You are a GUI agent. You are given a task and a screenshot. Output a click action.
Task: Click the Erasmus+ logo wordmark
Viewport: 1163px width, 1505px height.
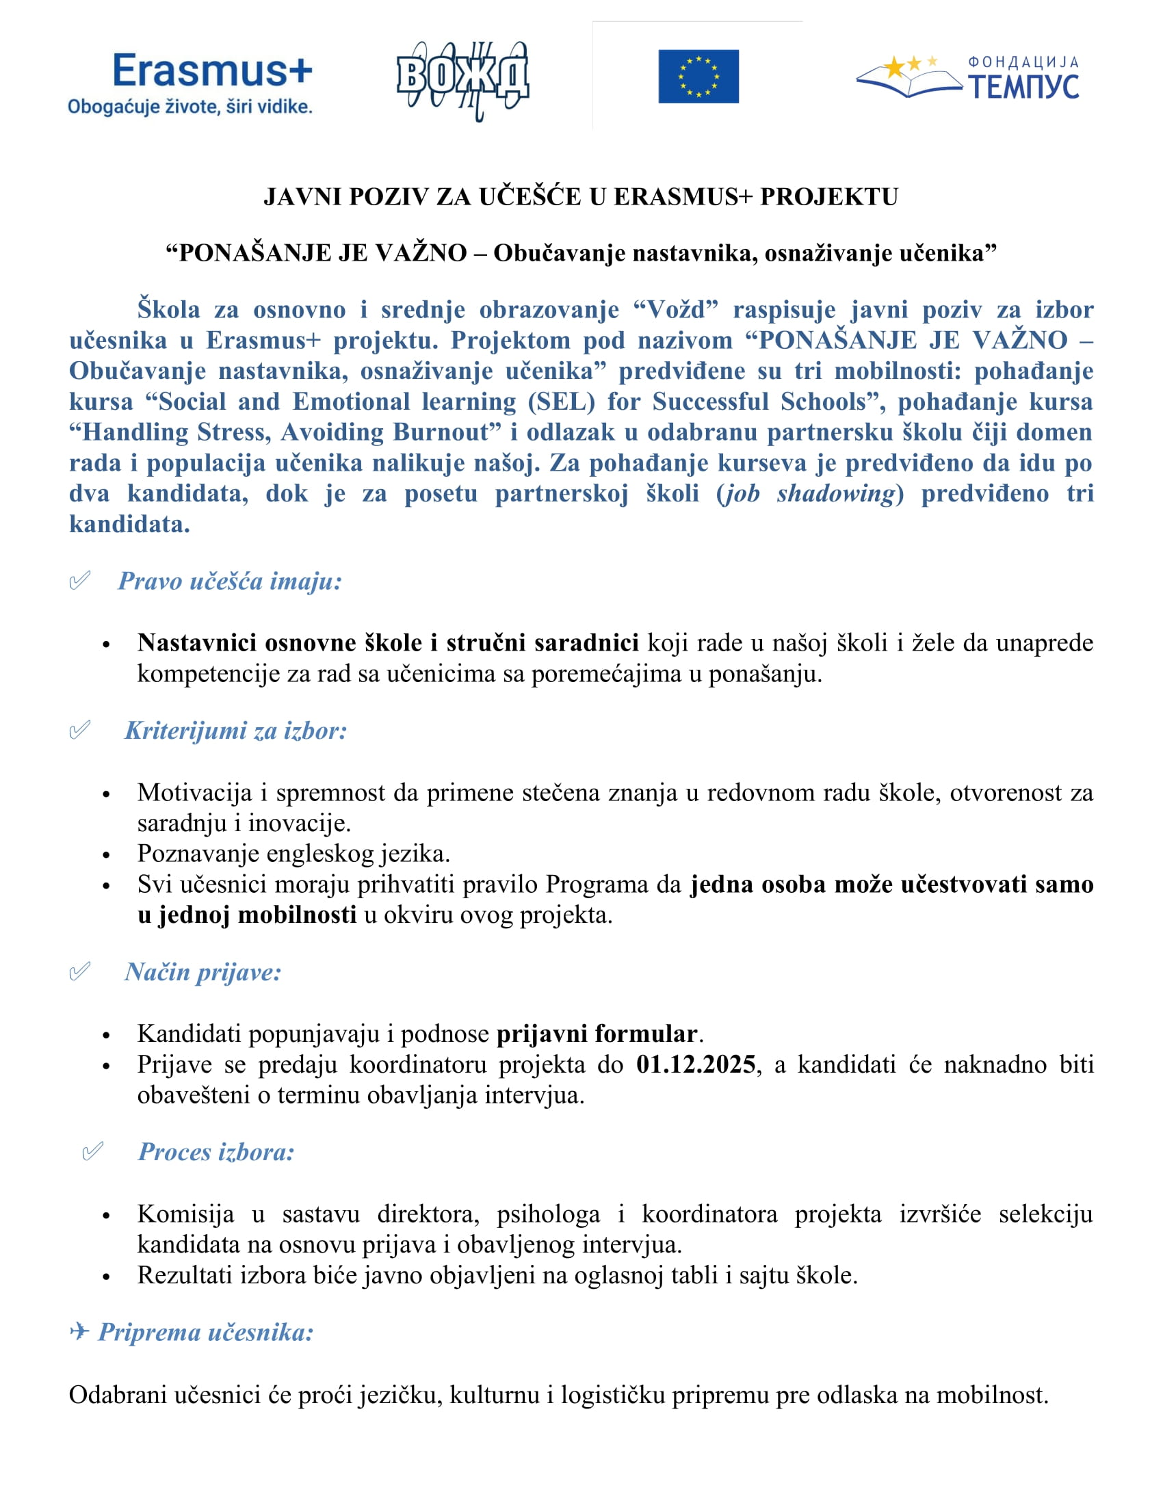(x=212, y=70)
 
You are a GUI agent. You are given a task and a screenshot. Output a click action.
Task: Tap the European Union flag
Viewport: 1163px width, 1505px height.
(x=698, y=77)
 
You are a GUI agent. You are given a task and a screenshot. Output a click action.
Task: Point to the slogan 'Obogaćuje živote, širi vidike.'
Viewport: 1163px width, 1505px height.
(x=190, y=107)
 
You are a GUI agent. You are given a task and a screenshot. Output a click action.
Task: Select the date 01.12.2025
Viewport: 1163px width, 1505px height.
(x=696, y=1064)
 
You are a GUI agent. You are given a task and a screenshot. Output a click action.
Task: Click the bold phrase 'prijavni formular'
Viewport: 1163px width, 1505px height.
(x=597, y=1034)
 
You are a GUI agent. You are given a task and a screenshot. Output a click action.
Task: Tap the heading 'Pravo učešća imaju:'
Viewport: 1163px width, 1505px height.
(x=230, y=581)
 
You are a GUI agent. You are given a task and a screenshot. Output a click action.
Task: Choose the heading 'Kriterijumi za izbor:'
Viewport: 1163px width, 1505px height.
(x=235, y=731)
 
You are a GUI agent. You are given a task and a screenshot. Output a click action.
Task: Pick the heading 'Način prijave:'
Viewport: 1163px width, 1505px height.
(x=203, y=972)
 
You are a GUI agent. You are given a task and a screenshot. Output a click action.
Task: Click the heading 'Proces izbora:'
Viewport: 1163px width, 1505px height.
(x=216, y=1152)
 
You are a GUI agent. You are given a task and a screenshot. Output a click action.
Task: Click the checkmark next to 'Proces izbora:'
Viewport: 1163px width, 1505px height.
(x=93, y=1151)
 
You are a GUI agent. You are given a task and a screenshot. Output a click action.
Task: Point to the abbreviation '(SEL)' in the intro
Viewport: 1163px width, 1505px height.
(x=562, y=402)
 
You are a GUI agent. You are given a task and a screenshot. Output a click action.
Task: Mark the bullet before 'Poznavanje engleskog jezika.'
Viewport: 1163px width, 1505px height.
(x=106, y=855)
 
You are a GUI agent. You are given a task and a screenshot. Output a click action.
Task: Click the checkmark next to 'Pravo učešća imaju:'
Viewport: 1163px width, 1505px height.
(x=80, y=580)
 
